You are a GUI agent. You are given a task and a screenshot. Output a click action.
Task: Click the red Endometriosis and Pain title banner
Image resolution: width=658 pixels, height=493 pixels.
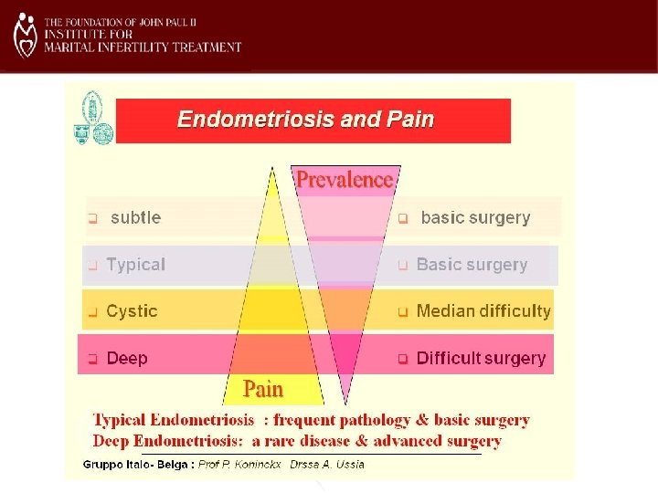point(313,120)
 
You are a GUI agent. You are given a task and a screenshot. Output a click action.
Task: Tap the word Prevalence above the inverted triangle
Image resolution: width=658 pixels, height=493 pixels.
point(345,180)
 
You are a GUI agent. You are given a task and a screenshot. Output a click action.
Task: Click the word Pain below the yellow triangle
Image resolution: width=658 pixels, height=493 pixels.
point(263,389)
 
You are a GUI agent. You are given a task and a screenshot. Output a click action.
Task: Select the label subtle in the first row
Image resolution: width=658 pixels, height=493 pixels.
point(135,218)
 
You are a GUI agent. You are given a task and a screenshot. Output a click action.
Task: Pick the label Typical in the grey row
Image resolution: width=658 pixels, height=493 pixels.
point(136,265)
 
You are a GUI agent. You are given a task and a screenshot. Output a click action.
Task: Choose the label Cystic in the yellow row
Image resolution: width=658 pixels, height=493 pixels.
point(132,311)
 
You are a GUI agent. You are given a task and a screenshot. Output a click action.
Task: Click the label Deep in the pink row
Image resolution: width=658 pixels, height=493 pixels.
point(127,359)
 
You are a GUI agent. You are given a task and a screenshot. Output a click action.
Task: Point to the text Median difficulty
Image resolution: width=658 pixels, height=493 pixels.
point(483,311)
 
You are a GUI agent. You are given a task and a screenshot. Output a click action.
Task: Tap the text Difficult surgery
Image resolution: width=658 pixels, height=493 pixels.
point(481,359)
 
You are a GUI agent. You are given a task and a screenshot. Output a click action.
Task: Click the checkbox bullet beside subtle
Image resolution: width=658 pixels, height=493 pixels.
point(92,219)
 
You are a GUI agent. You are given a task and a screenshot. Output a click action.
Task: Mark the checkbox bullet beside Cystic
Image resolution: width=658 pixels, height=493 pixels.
point(92,312)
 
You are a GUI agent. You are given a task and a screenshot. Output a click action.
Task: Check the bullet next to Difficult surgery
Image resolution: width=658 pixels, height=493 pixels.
point(403,360)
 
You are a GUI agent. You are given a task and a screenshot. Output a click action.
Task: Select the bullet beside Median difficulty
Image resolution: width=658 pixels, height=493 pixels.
point(403,312)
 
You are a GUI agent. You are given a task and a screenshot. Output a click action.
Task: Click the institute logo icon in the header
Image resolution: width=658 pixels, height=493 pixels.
point(26,35)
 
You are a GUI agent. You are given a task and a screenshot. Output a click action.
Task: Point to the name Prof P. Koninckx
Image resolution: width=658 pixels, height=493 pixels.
point(242,464)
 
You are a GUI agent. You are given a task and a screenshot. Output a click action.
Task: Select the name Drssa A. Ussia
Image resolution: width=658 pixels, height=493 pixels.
point(326,464)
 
